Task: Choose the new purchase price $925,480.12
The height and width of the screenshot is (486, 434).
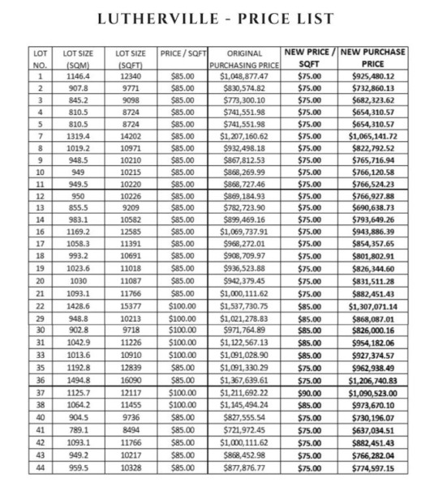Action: pyautogui.click(x=373, y=76)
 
